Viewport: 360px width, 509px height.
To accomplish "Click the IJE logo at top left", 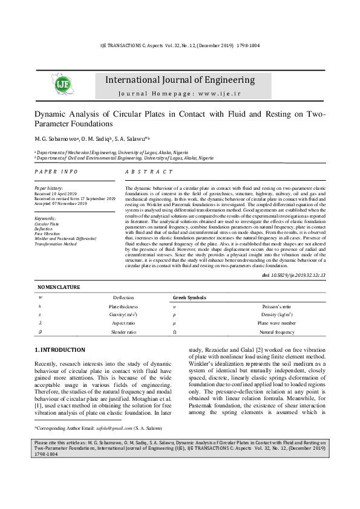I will click(64, 85).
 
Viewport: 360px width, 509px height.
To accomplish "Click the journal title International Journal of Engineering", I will click(180, 80).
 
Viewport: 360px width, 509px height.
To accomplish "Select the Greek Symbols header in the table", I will click(189, 298).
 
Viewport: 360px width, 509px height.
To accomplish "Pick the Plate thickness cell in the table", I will click(123, 306).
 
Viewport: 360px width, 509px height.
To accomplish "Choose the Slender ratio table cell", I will click(123, 332).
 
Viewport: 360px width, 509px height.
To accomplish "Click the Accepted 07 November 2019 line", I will click(61, 204).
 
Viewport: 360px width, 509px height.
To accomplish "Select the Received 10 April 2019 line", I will click(56, 193).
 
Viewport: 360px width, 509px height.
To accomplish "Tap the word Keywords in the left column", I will click(45, 218).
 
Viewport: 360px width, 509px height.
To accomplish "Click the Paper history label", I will click(48, 189).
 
